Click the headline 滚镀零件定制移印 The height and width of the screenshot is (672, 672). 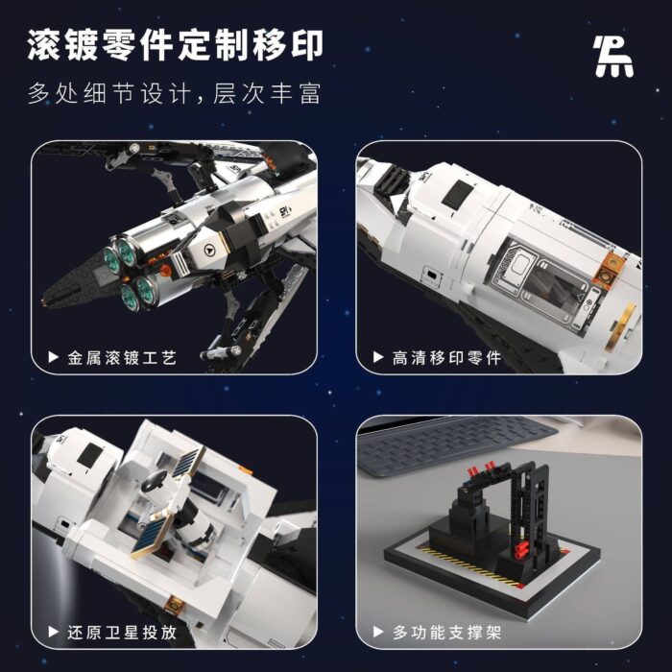coord(176,45)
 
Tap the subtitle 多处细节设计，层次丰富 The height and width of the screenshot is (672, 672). coord(175,93)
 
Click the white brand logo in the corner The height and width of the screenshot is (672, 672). coord(613,56)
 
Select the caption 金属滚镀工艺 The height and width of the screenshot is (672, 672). coord(122,357)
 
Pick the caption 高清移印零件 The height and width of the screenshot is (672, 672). coord(446,357)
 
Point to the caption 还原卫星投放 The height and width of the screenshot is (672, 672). coord(122,632)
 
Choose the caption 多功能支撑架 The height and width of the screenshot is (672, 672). coord(446,632)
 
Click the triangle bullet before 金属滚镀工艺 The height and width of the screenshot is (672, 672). coord(53,357)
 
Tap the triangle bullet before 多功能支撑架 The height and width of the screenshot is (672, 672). coord(378,632)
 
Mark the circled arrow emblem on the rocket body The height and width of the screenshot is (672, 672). coord(209,250)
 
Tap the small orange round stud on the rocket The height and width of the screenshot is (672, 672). coord(166,270)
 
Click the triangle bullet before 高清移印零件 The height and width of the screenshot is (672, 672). coord(378,357)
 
